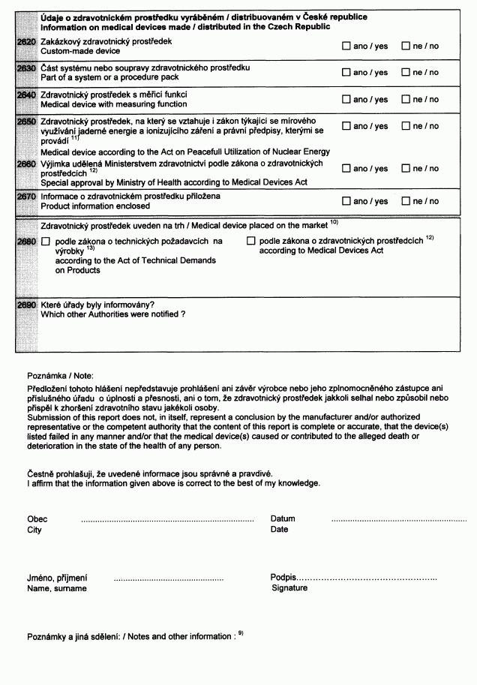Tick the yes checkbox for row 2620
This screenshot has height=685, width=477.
tap(346, 46)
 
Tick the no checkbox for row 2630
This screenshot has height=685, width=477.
tap(406, 72)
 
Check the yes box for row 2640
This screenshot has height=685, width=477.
tap(346, 99)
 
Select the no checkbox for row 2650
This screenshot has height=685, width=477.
tap(406, 126)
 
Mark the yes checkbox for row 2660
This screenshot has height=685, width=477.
tap(346, 169)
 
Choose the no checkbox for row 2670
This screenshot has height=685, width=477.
tap(406, 201)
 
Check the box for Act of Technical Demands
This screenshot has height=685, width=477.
tap(45, 242)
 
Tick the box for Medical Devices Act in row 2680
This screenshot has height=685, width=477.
tap(251, 241)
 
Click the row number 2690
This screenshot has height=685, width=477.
tap(25, 305)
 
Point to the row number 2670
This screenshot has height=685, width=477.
tap(25, 197)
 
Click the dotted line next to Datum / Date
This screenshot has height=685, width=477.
tap(398, 520)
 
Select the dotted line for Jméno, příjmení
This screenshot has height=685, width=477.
tap(168, 579)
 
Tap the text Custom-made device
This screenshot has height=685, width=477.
tap(79, 51)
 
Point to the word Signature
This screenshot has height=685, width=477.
tap(289, 588)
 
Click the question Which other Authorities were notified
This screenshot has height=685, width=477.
tap(112, 314)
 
